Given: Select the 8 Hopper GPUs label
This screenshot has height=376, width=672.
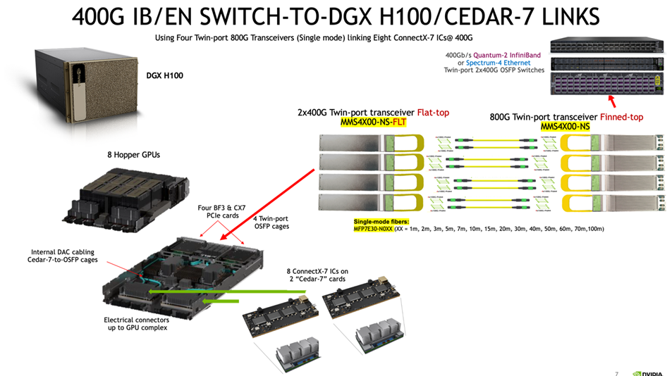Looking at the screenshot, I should tap(133, 153).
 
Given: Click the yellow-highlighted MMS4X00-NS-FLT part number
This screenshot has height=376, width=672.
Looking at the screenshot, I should tap(373, 123).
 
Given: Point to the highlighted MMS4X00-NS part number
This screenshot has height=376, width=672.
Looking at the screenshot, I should tap(566, 126).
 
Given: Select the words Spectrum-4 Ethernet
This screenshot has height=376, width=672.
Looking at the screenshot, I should tap(496, 62).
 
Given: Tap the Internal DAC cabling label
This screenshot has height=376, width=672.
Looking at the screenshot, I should tap(64, 256).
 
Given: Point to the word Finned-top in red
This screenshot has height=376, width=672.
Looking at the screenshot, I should tap(617, 117).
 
